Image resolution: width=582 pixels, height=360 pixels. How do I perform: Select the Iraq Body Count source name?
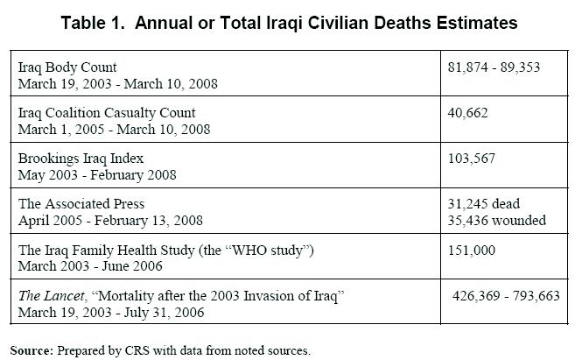(67, 67)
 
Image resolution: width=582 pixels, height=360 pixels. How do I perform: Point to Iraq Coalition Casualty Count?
(107, 113)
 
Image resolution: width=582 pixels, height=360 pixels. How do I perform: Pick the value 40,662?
(467, 113)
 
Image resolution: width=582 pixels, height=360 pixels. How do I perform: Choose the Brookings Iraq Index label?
(81, 158)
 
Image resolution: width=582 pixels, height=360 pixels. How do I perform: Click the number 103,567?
(471, 158)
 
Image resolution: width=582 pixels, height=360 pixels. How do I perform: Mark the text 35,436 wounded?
(496, 219)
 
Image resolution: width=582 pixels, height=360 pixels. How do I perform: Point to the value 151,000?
(471, 251)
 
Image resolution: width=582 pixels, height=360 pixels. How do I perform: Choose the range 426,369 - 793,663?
(506, 296)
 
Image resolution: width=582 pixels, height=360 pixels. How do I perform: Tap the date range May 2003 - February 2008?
(98, 173)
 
